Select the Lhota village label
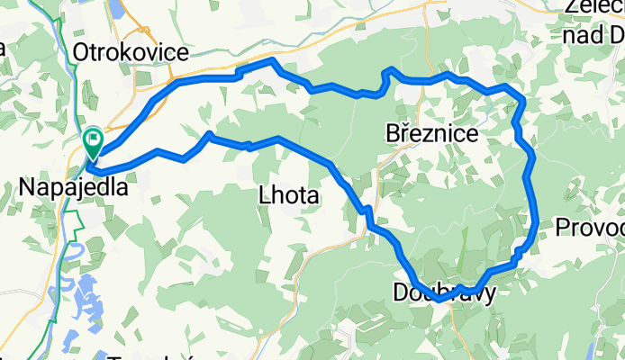(288, 193)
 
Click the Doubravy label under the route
(444, 292)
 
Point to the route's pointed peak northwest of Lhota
(208, 134)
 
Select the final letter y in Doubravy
(488, 294)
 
